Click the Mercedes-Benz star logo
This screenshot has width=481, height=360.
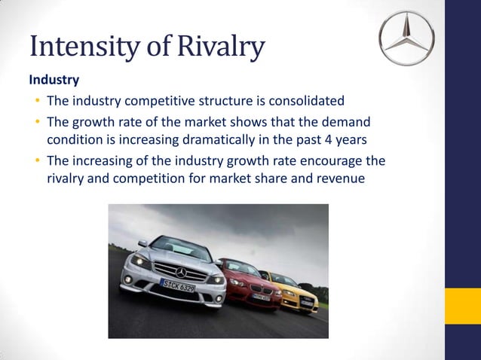[408, 38]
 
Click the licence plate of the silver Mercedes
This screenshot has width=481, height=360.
[179, 285]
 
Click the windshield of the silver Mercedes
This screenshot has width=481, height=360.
[182, 246]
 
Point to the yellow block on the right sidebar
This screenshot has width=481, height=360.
[462, 307]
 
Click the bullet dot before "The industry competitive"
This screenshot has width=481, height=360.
[37, 101]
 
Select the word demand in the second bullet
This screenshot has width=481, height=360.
[350, 121]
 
